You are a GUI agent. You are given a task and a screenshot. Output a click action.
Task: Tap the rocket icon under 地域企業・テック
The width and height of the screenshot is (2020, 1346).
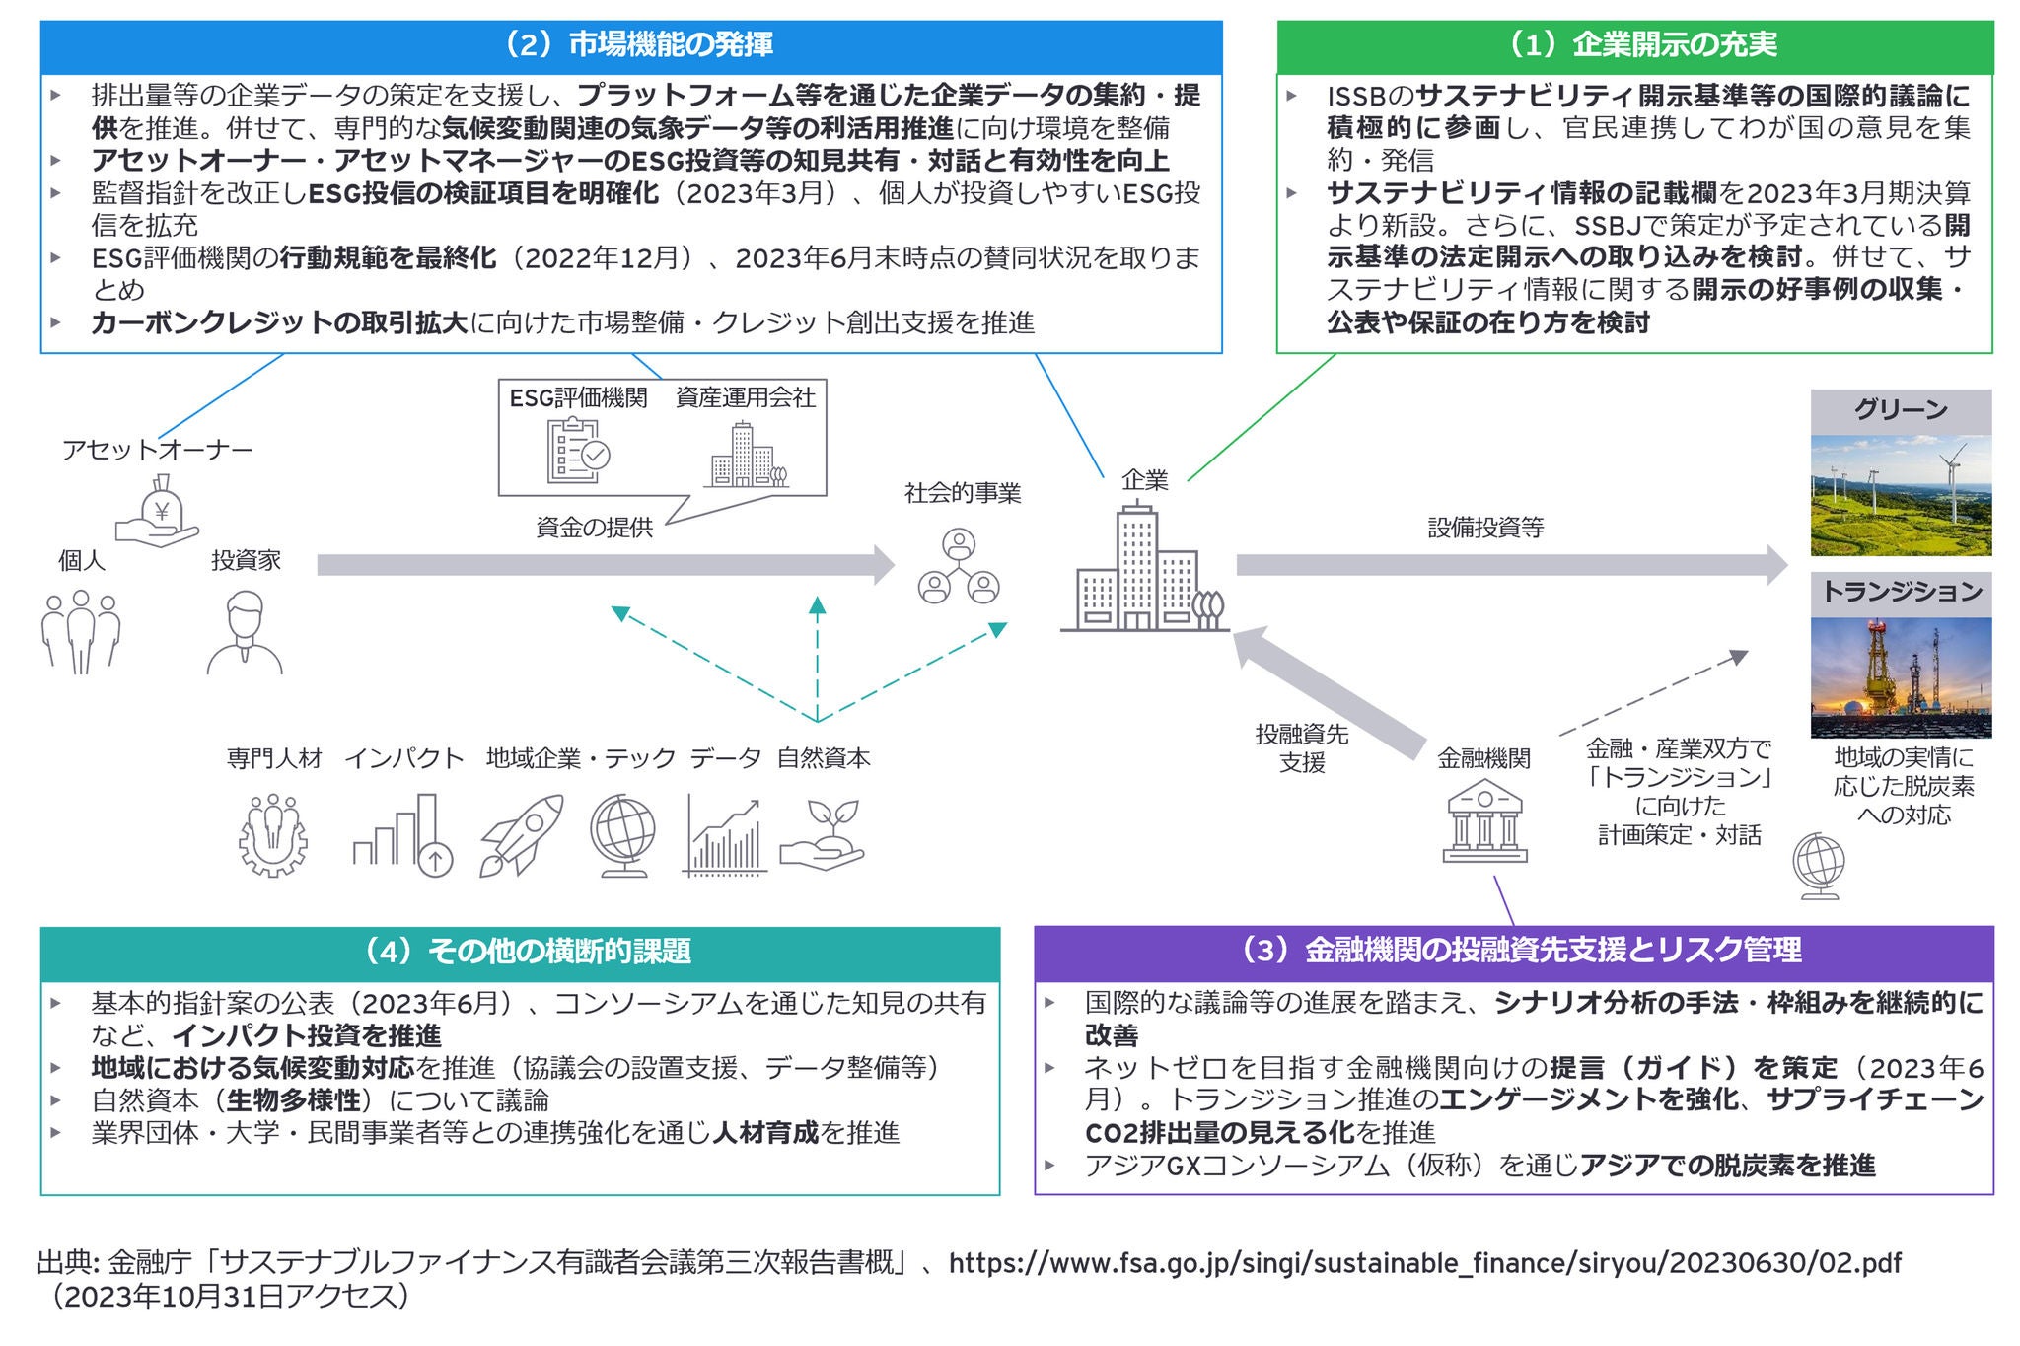pyautogui.click(x=522, y=836)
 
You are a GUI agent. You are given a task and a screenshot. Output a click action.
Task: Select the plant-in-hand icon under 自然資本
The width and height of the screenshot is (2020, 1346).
pyautogui.click(x=823, y=835)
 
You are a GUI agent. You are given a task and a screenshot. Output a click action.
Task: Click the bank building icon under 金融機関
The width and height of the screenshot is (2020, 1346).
pyautogui.click(x=1483, y=821)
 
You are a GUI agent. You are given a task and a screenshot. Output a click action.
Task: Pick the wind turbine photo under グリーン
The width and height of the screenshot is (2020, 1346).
pyautogui.click(x=1901, y=496)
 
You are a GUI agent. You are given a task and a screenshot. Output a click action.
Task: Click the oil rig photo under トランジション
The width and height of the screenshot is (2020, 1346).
pyautogui.click(x=1901, y=677)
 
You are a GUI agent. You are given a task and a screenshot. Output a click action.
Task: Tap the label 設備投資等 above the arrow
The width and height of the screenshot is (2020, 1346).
pyautogui.click(x=1485, y=528)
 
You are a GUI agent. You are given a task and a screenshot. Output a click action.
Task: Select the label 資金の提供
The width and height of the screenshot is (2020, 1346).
pyautogui.click(x=594, y=528)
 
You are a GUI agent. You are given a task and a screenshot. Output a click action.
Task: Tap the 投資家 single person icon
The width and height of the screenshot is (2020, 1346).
pyautogui.click(x=245, y=632)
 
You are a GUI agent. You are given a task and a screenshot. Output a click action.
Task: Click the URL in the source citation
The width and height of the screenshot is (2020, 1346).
pyautogui.click(x=1424, y=1263)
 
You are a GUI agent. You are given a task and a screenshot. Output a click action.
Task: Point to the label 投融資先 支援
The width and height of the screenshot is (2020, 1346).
pyautogui.click(x=1301, y=747)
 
